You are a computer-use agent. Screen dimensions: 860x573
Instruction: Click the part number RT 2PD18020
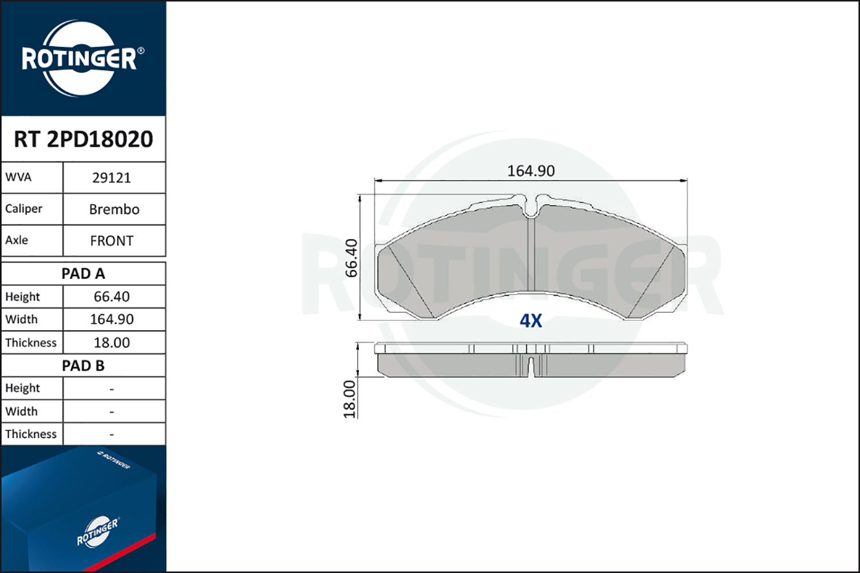(x=83, y=139)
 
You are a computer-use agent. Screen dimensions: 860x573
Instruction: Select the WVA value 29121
(x=112, y=178)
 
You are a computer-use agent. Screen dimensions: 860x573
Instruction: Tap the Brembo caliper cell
(x=114, y=210)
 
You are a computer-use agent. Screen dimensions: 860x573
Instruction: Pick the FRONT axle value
(x=112, y=241)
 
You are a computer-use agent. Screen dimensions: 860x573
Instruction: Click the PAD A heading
(x=83, y=274)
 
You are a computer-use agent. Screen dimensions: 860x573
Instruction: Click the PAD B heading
(x=83, y=366)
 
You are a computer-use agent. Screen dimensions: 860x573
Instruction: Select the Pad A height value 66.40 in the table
(x=112, y=297)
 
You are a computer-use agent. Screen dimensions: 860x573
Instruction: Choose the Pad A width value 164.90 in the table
(x=112, y=319)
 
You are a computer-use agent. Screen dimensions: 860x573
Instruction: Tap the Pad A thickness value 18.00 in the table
(x=112, y=343)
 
